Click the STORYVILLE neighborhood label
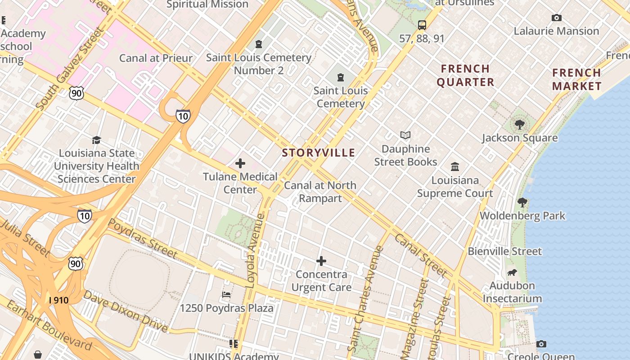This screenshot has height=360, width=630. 319,153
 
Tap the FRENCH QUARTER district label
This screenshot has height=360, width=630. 465,76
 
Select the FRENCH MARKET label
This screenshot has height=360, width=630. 576,80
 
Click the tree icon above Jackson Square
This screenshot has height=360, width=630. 520,125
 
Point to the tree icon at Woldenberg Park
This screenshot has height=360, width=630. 522,202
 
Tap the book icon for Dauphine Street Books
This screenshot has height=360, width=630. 405,135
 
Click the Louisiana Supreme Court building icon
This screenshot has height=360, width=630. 455,167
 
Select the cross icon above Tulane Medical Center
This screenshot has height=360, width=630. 240,163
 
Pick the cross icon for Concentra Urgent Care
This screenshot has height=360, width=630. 321,261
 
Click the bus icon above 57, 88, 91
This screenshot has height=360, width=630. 422,25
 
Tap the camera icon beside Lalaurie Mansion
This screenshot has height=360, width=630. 557,18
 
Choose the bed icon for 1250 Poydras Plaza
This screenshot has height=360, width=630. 227,295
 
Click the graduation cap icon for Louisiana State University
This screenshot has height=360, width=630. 97,140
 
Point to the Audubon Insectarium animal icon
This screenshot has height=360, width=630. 512,272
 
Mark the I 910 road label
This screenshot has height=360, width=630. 59,300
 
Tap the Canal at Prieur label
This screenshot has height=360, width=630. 156,58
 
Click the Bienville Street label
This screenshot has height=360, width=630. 505,251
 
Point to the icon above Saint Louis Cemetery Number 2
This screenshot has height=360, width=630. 259,44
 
